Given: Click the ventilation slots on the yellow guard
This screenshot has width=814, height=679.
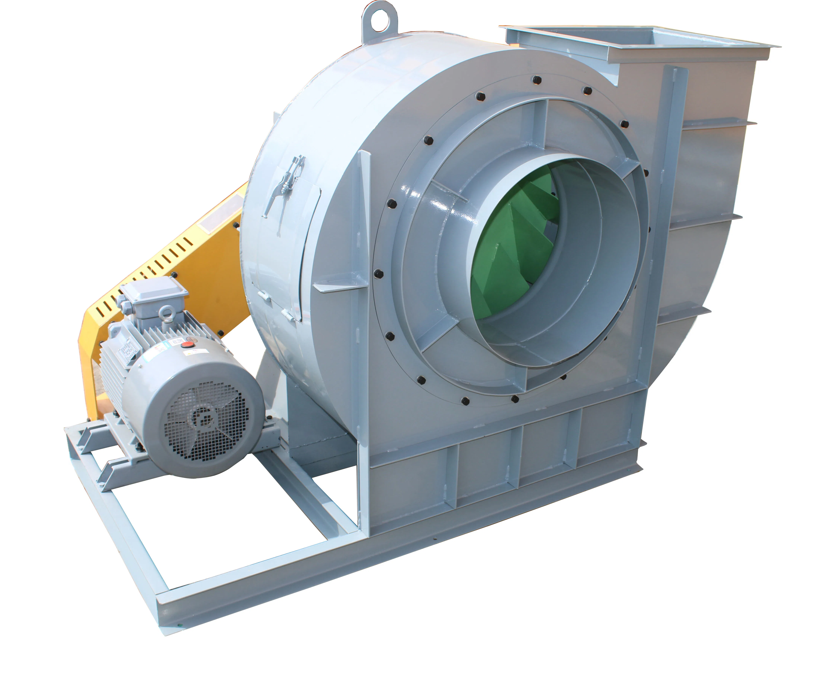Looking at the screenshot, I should coord(155,268).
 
